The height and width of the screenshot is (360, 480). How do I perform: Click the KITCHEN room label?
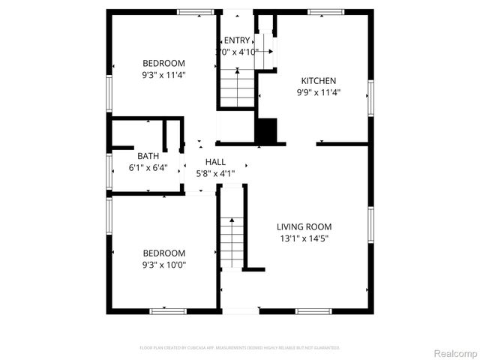318,81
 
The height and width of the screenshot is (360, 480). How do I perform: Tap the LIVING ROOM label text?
304,226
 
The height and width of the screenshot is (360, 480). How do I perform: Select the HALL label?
215,162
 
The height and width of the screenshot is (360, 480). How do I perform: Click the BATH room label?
148,157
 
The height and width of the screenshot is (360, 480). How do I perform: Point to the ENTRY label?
237,40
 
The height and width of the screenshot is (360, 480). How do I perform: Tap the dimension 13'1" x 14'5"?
304,238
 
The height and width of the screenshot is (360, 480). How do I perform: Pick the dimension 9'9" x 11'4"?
318,93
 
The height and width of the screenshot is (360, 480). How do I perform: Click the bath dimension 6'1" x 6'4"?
148,168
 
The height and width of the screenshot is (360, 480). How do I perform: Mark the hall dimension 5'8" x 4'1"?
215,173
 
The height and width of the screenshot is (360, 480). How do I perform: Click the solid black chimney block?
266,131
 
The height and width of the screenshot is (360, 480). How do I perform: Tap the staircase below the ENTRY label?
238,88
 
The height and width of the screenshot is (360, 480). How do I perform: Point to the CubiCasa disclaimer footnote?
240,348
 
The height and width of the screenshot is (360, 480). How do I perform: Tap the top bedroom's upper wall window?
194,12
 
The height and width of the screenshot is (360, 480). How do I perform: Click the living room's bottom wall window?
313,310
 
